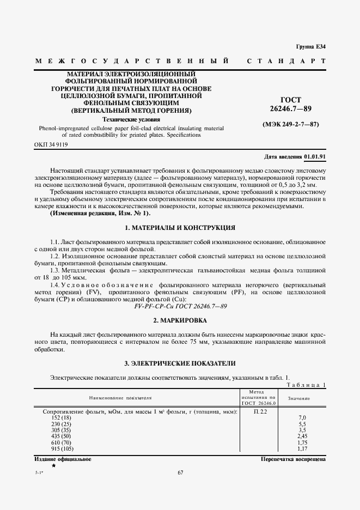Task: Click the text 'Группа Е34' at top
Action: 310,46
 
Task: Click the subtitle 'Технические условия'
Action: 131,119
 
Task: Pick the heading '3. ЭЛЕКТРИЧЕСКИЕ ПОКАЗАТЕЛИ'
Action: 180,363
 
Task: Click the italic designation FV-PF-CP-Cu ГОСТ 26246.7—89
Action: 180,307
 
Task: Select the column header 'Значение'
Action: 299,398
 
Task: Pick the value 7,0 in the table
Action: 303,417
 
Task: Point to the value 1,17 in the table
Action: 303,449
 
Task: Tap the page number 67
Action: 180,472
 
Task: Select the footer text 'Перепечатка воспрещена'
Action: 294,459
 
